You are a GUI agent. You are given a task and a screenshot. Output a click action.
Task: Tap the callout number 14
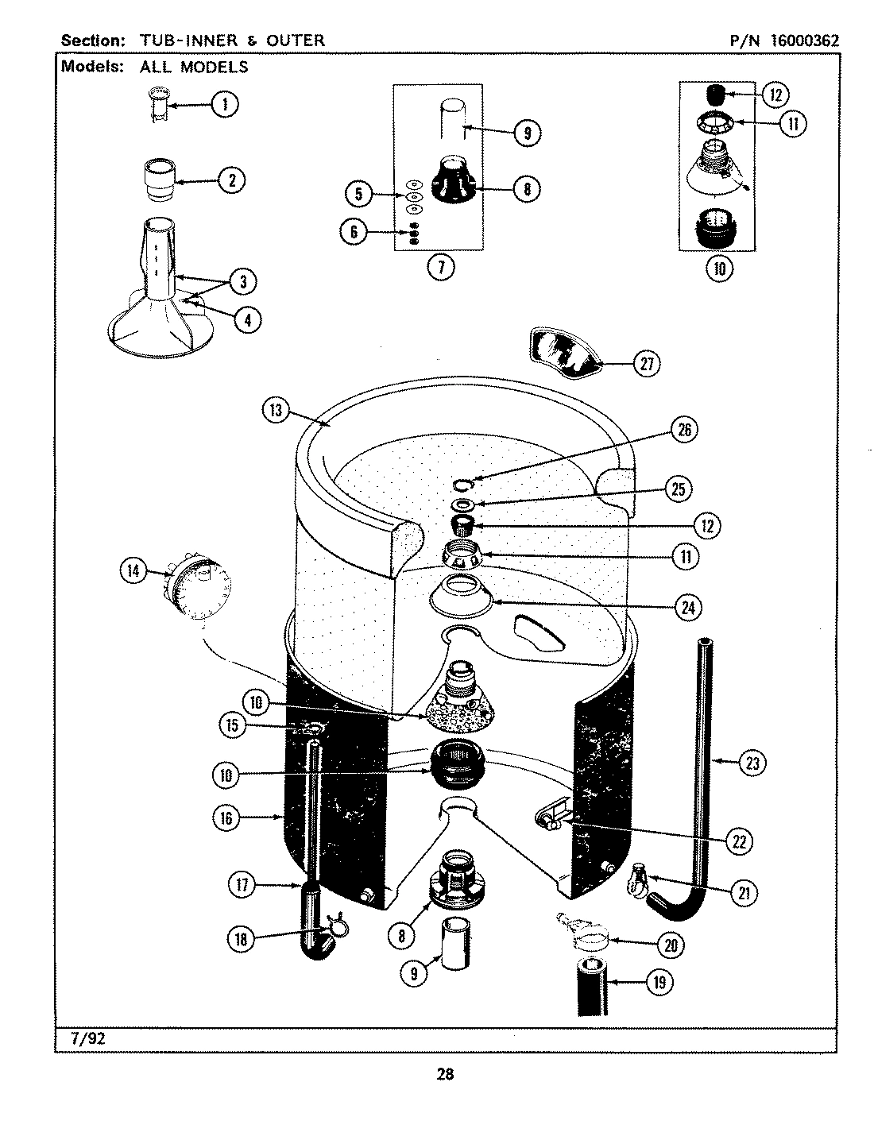pos(133,569)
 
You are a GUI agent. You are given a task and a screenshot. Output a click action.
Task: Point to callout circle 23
pos(752,763)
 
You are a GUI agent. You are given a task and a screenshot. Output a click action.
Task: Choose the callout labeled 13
pos(276,411)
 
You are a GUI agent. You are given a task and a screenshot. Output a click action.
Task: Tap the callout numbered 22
pos(739,841)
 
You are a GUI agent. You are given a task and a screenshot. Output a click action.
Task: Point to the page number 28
pos(444,1075)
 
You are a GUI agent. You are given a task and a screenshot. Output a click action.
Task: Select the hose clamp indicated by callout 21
pos(638,881)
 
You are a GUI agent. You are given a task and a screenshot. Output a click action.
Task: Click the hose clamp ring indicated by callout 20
pos(590,940)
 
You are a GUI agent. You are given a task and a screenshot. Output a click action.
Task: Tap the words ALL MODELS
pos(194,68)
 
